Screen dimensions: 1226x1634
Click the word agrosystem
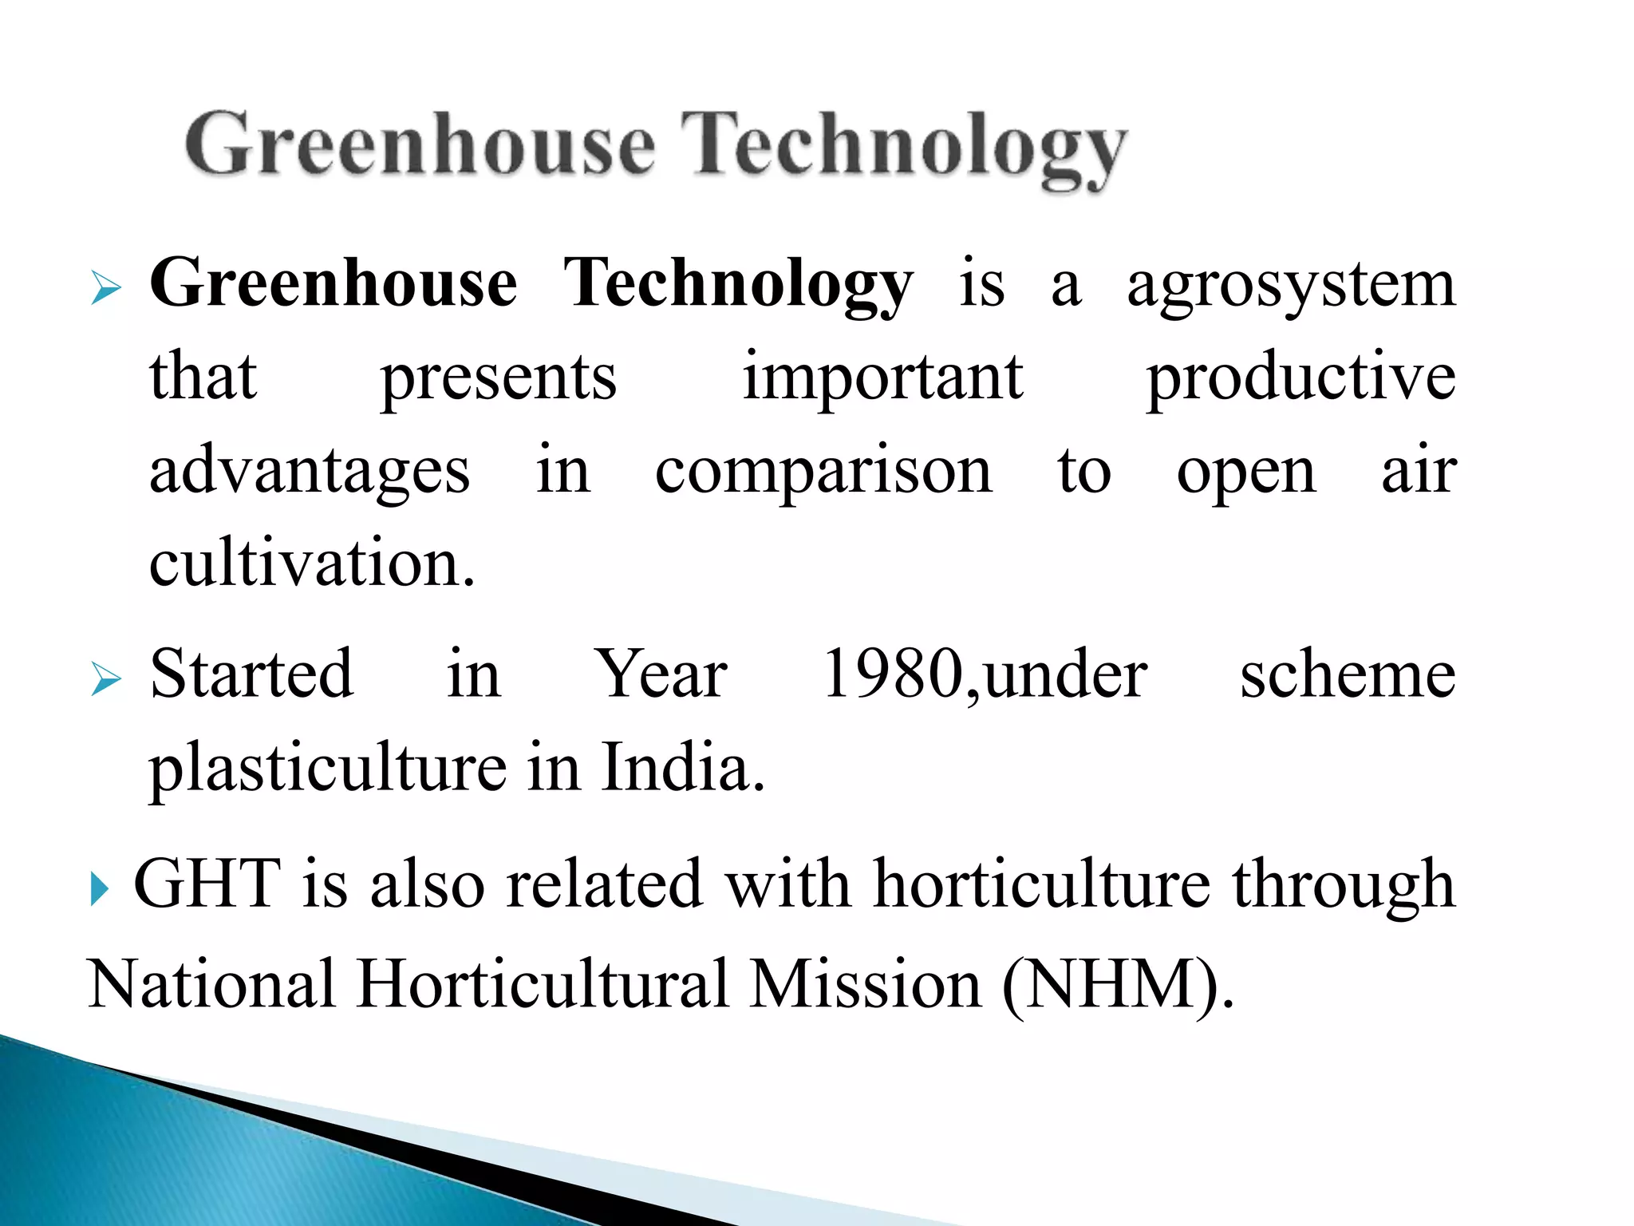tap(1291, 286)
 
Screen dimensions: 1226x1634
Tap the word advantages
tap(310, 471)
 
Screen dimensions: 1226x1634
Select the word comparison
tap(823, 471)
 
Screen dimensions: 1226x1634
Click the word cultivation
tap(312, 564)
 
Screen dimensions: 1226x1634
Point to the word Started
tap(251, 674)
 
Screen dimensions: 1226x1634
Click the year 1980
tap(893, 674)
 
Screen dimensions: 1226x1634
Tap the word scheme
tap(1348, 674)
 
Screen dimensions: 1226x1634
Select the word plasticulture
tap(328, 768)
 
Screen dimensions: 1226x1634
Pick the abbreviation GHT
tap(207, 884)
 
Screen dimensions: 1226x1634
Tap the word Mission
tap(866, 984)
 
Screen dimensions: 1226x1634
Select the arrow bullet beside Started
tap(105, 679)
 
